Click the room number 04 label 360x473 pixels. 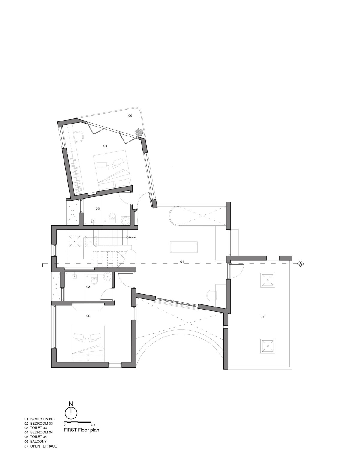point(105,146)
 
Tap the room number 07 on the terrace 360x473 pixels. point(262,317)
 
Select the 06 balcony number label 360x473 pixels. point(130,116)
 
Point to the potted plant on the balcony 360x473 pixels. point(138,132)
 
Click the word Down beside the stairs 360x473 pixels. point(132,238)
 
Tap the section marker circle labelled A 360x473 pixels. point(301,263)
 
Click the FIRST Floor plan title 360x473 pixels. point(81,430)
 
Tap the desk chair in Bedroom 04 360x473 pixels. point(79,136)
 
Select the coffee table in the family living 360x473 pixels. point(184,247)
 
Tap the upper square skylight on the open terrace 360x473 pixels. point(268,280)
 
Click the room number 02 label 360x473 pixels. point(88,316)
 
